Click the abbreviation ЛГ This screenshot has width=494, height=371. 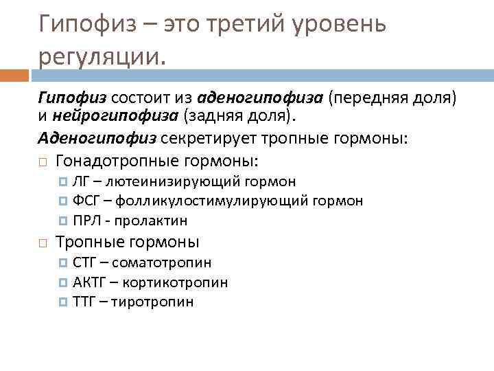pyautogui.click(x=80, y=181)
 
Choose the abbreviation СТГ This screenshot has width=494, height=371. pyautogui.click(x=85, y=262)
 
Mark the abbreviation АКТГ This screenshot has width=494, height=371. pyautogui.click(x=89, y=282)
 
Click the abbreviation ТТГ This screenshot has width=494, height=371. pyautogui.click(x=84, y=302)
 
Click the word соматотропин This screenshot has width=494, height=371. pyautogui.click(x=161, y=262)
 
